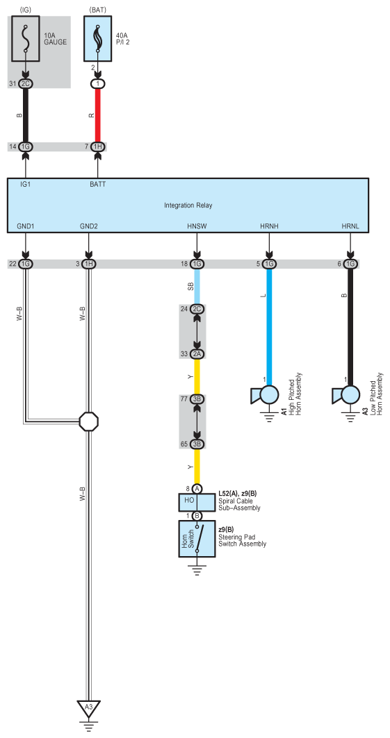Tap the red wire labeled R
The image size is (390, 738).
coord(98,115)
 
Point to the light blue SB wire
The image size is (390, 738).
coord(197,285)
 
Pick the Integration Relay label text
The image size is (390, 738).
coord(188,206)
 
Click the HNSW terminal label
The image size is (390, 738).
coord(197,227)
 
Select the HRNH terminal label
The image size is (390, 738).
coord(268,227)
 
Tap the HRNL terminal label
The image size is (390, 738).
coord(350,227)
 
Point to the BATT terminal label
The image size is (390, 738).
coord(97,185)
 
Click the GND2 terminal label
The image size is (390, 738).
coord(89,227)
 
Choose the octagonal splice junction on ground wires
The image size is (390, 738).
coord(89,421)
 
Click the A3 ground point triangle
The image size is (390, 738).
coord(88,707)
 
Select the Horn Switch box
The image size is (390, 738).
coord(197,539)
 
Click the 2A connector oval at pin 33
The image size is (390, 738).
coord(197,354)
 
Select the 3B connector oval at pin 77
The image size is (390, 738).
coord(197,400)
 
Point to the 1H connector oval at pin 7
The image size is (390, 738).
coord(98,146)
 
